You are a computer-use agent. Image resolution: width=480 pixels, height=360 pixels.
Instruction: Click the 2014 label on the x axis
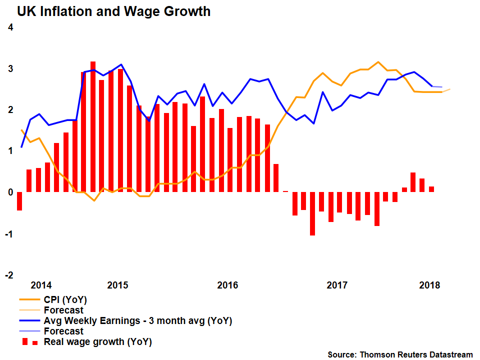[x=41, y=285]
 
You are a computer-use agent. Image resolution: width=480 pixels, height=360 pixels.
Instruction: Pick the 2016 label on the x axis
[x=227, y=285]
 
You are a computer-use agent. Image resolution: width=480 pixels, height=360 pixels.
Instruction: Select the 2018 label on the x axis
[x=429, y=285]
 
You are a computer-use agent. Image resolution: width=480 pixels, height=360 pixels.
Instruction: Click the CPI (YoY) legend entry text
[x=65, y=300]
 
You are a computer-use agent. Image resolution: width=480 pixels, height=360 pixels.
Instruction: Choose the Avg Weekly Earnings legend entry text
[x=138, y=320]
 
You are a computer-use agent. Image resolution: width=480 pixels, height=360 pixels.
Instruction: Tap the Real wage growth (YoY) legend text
[x=98, y=342]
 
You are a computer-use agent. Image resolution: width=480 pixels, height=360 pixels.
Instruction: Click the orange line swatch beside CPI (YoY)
[x=29, y=300]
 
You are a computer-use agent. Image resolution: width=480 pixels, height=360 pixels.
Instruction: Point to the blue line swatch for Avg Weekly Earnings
[x=29, y=320]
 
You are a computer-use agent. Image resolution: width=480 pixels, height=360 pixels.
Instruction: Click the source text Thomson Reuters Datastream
[x=400, y=354]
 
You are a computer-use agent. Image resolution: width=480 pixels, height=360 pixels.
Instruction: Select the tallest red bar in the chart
[x=93, y=127]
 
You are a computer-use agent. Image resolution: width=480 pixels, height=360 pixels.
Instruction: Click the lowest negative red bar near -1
[x=312, y=213]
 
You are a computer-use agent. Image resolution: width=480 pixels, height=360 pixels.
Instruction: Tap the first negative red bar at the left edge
[x=19, y=201]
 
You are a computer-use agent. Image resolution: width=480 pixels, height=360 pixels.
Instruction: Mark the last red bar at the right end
[x=431, y=189]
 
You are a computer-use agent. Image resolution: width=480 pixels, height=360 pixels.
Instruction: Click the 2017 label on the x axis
[x=337, y=285]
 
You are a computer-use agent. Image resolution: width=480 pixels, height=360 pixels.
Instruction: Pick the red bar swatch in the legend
[x=29, y=342]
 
